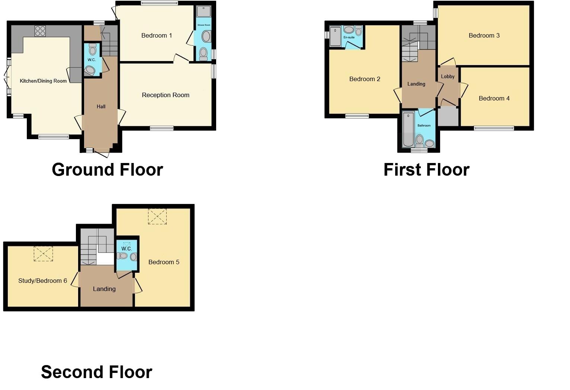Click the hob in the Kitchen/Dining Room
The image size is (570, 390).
(x=40, y=31)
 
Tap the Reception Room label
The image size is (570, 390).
(x=166, y=95)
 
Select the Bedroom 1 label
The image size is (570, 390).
(x=157, y=36)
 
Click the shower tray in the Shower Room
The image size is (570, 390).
(x=204, y=12)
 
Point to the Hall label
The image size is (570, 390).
(x=101, y=107)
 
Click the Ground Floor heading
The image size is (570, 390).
(x=108, y=170)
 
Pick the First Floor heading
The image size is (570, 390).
(x=426, y=170)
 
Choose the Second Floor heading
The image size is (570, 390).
(x=97, y=372)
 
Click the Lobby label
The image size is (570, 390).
(x=448, y=77)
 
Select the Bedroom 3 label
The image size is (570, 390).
(x=484, y=36)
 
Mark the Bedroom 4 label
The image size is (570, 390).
(x=494, y=99)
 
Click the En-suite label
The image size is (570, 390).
(x=349, y=38)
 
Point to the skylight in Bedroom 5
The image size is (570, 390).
(x=157, y=216)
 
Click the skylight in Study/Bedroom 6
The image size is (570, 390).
(x=44, y=254)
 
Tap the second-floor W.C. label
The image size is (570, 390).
(x=127, y=249)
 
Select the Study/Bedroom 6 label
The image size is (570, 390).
(x=43, y=281)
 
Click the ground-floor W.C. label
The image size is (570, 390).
(x=92, y=60)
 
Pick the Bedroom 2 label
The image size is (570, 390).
(x=365, y=79)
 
